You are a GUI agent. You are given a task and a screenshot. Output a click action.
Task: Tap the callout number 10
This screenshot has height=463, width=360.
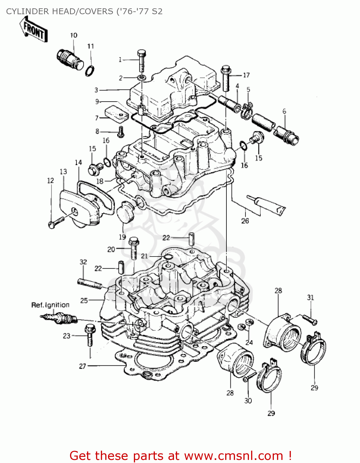pyautogui.click(x=73, y=35)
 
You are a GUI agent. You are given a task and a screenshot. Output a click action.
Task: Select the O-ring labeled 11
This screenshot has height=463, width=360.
pyautogui.click(x=89, y=71)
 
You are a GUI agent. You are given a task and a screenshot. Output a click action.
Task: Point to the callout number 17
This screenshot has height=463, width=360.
pyautogui.click(x=246, y=75)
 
